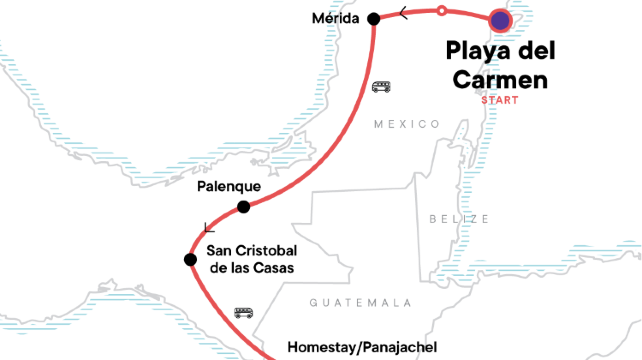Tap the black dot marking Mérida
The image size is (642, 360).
374,19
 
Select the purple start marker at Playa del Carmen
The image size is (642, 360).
502,20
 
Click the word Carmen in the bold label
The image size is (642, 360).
499,78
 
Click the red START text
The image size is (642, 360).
499,100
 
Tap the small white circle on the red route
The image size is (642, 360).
442,11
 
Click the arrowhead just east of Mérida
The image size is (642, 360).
402,13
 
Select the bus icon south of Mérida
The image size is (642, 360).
381,87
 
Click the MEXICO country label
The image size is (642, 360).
406,123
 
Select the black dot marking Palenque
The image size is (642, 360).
243,207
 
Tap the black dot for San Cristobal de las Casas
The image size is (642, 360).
189,260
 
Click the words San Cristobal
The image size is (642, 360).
251,250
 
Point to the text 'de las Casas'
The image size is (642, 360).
251,269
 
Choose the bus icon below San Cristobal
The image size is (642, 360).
243,312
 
